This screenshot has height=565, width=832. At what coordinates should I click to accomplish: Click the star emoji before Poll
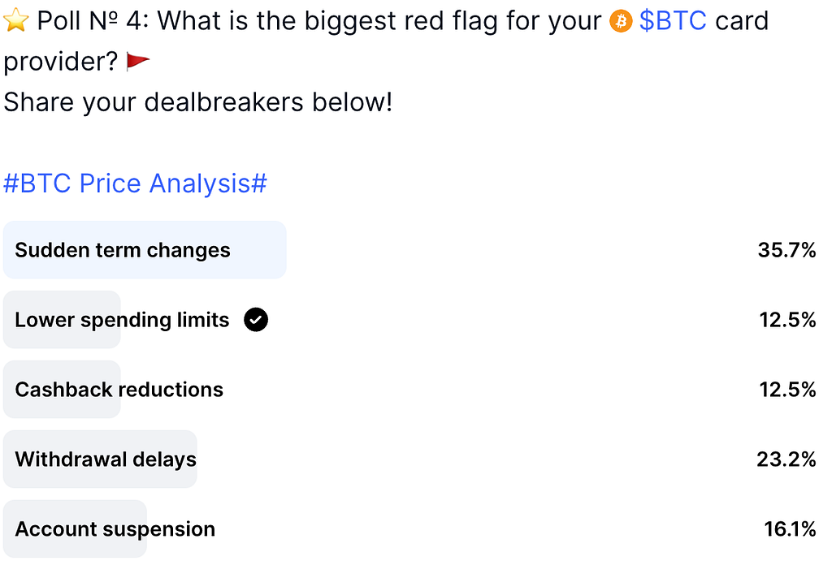point(15,20)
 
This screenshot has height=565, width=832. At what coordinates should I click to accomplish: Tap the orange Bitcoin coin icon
point(620,22)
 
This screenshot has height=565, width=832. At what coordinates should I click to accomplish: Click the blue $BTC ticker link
point(673,21)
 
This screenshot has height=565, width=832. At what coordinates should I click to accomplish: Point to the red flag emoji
point(137,62)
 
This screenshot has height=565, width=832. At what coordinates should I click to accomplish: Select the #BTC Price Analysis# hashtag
point(136,183)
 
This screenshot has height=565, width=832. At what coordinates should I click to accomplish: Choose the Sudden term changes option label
point(123,250)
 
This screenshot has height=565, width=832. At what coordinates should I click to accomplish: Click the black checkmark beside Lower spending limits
point(256,320)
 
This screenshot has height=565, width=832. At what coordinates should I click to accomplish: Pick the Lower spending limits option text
point(122,320)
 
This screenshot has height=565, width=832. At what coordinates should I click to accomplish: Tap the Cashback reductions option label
point(119,390)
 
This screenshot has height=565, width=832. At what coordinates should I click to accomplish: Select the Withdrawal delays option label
point(106,459)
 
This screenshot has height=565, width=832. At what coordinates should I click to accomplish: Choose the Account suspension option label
point(115,529)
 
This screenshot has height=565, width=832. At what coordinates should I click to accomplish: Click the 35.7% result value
point(786,250)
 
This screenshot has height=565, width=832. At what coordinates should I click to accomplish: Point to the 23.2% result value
point(786,459)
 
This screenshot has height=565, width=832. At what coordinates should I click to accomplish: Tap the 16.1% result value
point(790,529)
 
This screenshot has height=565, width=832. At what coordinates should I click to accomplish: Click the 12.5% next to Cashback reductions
point(788,390)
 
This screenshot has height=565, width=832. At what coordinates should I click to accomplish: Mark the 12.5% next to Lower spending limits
point(788,320)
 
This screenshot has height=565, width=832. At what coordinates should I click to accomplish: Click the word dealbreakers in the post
point(224,102)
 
